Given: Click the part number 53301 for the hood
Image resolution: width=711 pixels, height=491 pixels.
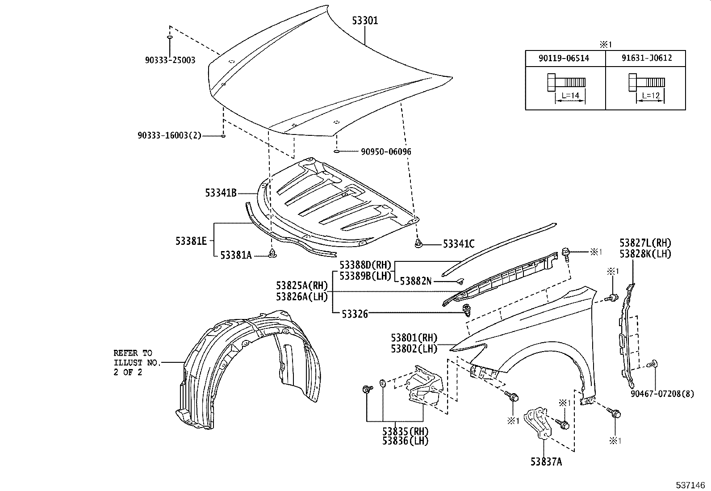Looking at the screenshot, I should [365, 21].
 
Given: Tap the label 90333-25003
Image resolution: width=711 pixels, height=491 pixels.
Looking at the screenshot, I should [170, 60].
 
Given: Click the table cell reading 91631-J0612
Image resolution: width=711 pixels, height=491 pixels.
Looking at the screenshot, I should [646, 58].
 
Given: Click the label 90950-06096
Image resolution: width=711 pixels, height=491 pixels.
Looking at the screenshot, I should [386, 151].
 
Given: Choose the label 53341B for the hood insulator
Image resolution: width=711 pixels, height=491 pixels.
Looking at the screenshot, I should [221, 193].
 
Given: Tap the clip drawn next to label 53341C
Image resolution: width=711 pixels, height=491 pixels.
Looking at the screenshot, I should [418, 243].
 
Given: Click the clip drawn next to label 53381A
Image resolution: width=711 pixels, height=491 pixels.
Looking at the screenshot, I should [272, 254].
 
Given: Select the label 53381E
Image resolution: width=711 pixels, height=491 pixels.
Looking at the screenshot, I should [191, 241].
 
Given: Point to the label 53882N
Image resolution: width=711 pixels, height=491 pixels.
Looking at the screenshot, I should [415, 281].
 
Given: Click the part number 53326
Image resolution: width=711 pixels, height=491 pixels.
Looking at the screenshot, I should [355, 314].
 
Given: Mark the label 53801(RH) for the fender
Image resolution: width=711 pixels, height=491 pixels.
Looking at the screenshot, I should [414, 338].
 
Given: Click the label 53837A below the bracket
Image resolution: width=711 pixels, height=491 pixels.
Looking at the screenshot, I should [546, 462].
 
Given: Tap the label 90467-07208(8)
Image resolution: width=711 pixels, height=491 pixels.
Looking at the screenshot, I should [662, 394].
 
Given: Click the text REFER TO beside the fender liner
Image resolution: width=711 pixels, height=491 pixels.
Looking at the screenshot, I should [132, 353].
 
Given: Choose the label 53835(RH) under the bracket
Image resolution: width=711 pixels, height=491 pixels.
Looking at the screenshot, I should [405, 432].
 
